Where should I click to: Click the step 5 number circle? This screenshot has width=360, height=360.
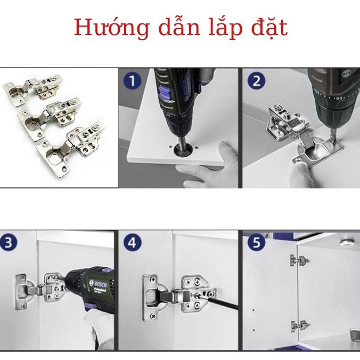257,243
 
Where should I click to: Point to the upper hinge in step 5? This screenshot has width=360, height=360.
299,260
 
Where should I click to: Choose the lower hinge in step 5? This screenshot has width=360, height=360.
299,326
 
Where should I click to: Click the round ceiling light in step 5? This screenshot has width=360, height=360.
345,244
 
